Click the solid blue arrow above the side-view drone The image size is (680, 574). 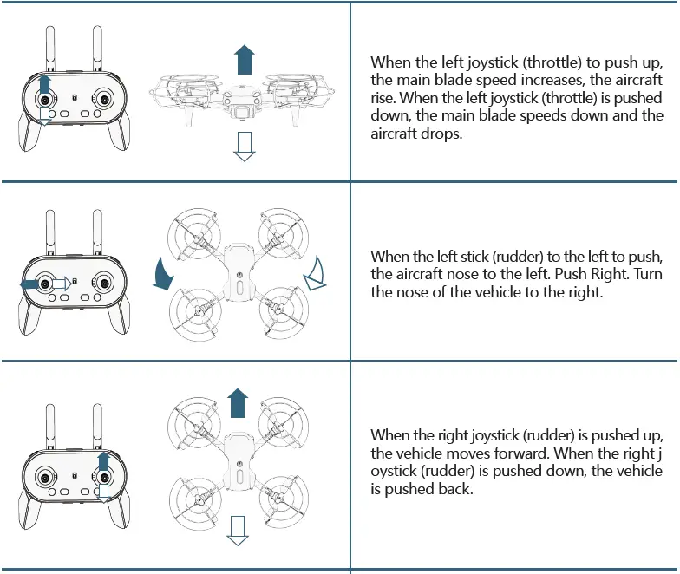pos(245,61)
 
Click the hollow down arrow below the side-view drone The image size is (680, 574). pos(245,147)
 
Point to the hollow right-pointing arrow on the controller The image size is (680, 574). pos(60,283)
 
